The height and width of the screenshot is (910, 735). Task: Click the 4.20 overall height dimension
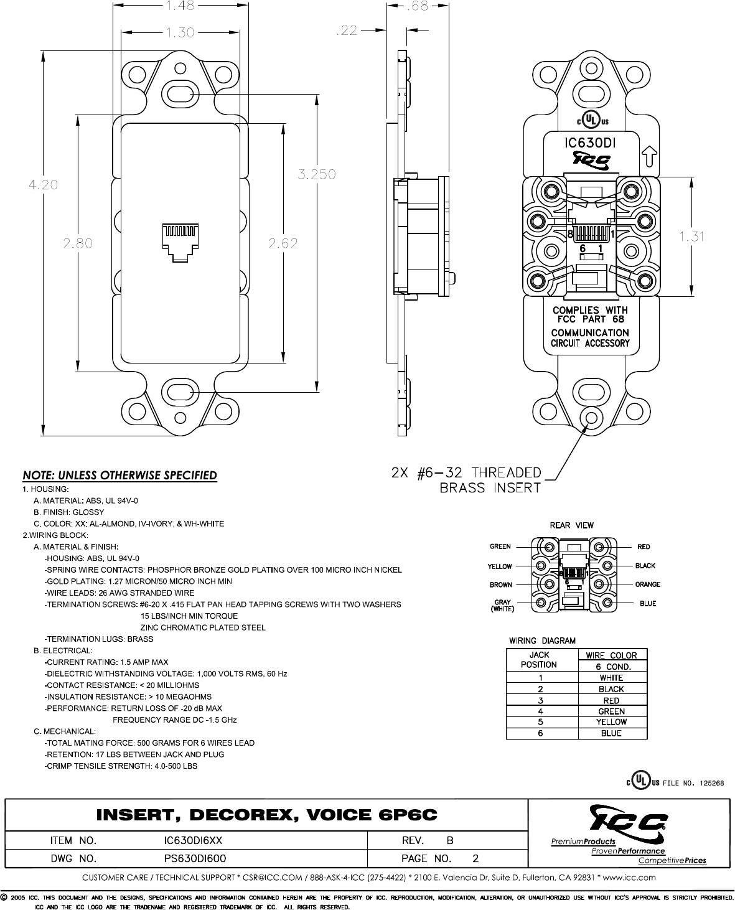click(43, 185)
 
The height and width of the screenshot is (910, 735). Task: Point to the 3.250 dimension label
click(317, 175)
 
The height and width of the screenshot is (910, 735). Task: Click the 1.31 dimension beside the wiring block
click(691, 236)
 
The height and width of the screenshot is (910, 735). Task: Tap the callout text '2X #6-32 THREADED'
click(466, 472)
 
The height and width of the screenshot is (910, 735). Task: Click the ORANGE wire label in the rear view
click(647, 584)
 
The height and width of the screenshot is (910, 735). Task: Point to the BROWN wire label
click(501, 585)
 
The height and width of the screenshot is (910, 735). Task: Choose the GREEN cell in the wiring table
click(612, 711)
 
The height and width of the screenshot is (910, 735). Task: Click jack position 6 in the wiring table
click(541, 733)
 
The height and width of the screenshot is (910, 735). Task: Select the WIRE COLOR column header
click(612, 655)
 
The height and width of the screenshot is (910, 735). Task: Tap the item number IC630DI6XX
click(193, 840)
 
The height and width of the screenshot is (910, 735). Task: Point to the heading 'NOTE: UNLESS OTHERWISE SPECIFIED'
click(120, 476)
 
